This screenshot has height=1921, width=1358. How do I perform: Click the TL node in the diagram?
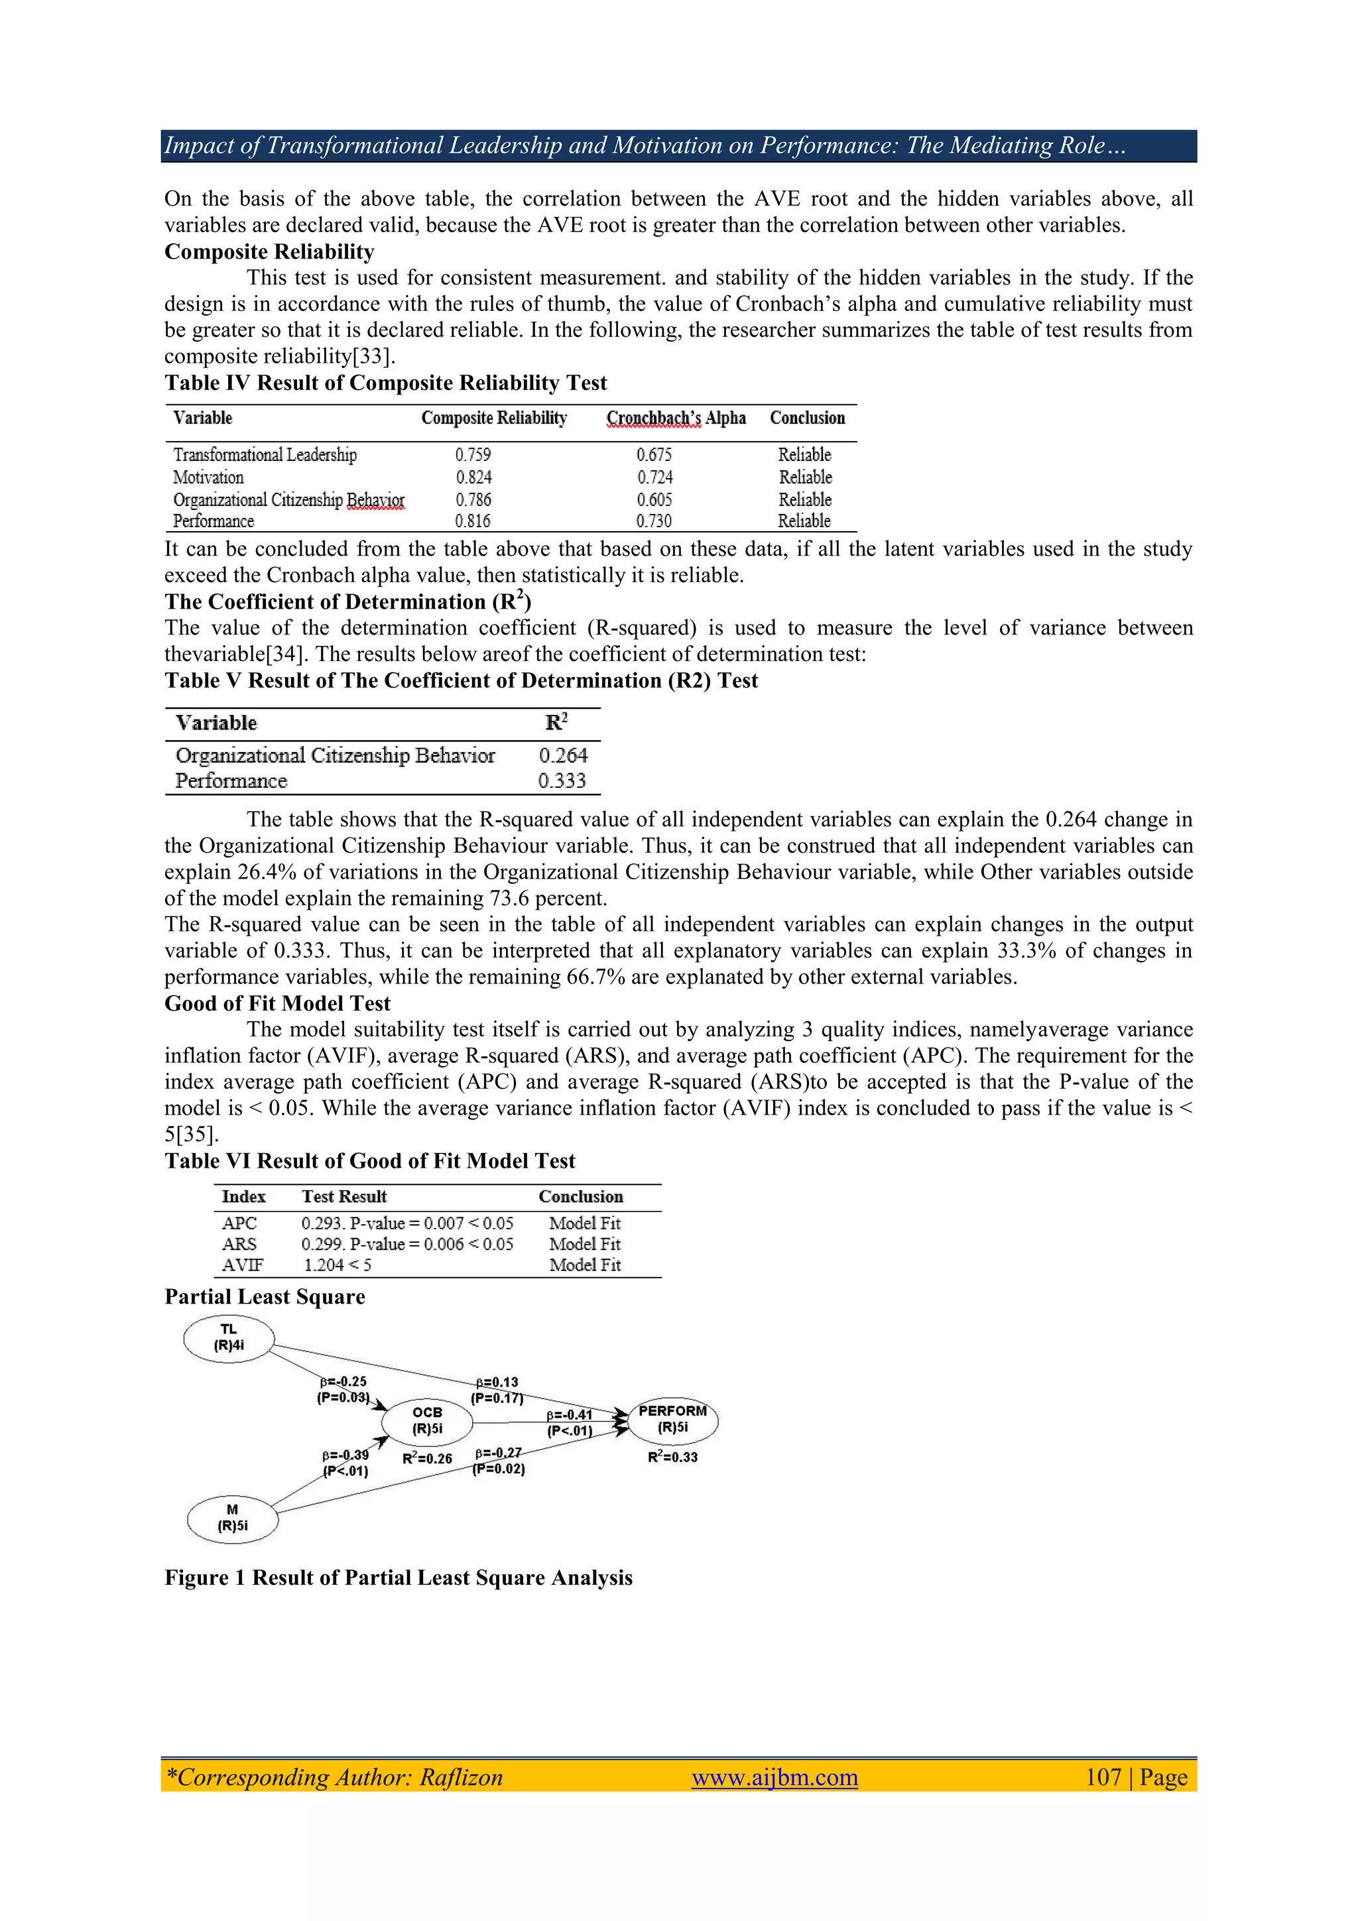click(x=228, y=1338)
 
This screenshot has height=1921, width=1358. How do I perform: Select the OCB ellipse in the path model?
click(x=427, y=1420)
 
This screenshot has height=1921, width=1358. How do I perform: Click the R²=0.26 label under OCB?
click(x=427, y=1458)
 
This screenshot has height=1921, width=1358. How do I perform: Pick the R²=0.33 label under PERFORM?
click(x=672, y=1457)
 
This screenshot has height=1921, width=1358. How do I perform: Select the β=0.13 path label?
click(x=497, y=1382)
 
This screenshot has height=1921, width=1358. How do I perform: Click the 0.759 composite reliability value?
click(x=473, y=454)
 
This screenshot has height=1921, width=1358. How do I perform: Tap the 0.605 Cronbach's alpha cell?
click(x=654, y=499)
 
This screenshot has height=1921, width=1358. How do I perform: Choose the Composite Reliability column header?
click(x=493, y=418)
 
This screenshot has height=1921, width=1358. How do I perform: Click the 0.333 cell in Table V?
click(x=562, y=780)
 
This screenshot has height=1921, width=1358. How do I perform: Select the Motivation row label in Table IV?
click(x=208, y=477)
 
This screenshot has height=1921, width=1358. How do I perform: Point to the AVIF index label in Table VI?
click(x=242, y=1265)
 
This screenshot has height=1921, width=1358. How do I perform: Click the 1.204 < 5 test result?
click(x=338, y=1265)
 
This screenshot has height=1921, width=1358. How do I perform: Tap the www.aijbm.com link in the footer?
click(x=774, y=1776)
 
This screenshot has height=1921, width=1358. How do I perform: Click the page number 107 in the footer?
click(x=1103, y=1776)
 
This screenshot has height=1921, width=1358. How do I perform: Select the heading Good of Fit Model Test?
click(x=277, y=1003)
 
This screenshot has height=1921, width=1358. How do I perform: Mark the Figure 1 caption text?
click(x=399, y=1577)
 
